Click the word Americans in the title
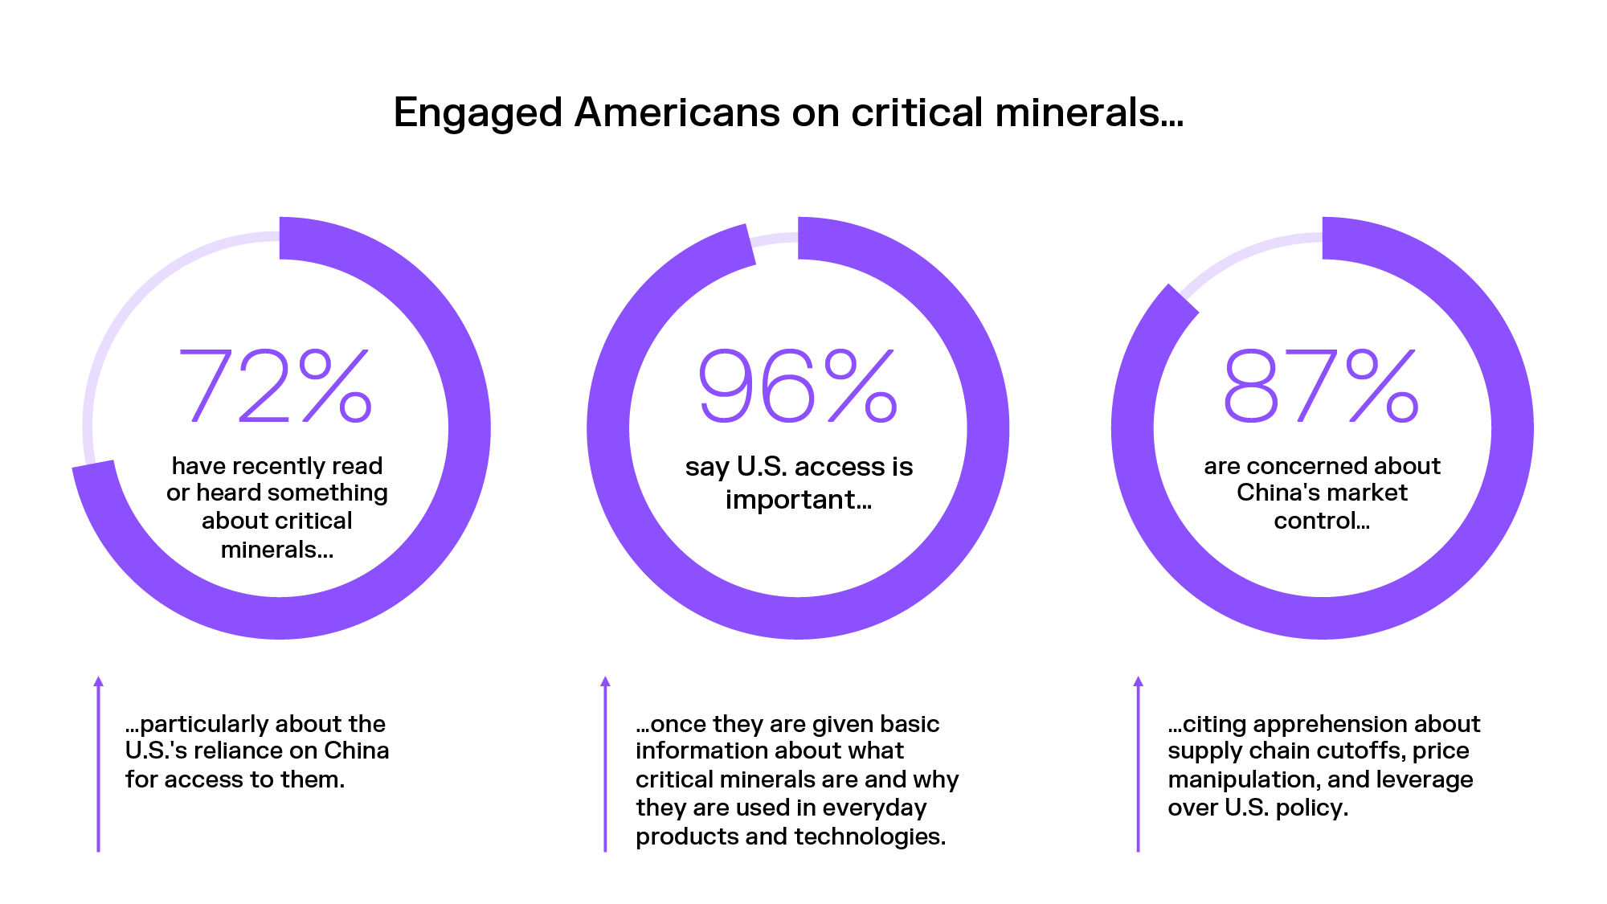click(677, 112)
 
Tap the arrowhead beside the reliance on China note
click(98, 681)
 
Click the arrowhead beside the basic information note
click(605, 681)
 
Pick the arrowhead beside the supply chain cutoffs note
click(1138, 681)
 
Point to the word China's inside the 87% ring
click(1277, 493)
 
